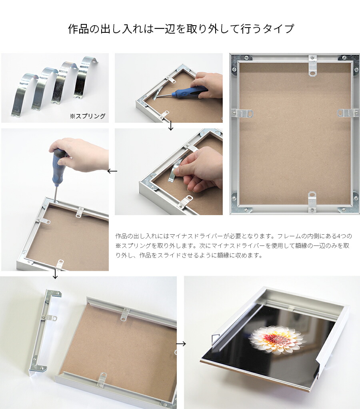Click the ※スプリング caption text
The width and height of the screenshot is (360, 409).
[x=88, y=116]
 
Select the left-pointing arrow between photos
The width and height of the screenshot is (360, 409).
[x=112, y=171]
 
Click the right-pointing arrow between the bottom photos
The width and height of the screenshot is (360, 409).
[x=181, y=344]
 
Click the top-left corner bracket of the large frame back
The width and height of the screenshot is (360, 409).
[x=239, y=62]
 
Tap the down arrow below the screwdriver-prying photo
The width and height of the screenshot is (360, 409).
[x=171, y=126]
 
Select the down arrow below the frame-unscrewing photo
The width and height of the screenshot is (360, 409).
[x=55, y=274]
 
